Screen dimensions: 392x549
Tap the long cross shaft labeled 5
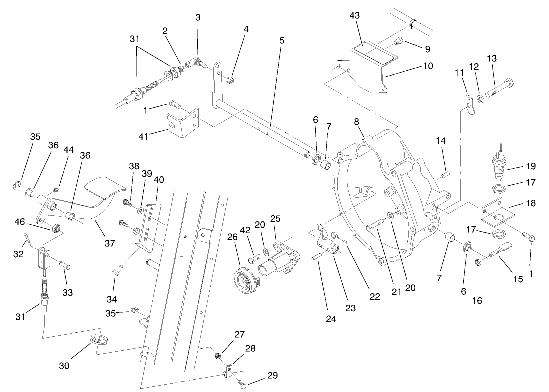coord(265,130)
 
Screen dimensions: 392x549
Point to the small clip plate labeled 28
coord(228,371)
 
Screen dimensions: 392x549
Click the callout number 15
coord(518,279)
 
